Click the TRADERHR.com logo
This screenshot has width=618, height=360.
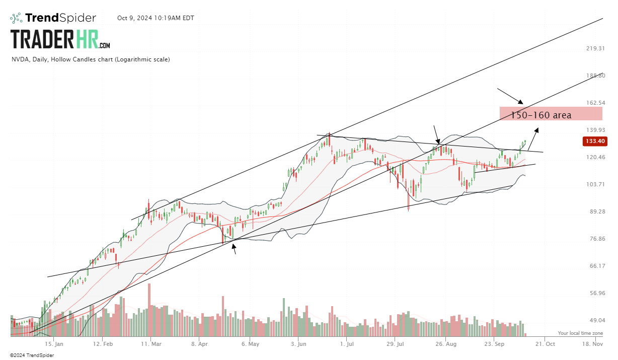coord(60,39)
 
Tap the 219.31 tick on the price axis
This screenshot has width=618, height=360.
coord(595,48)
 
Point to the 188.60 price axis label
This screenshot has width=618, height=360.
coord(595,76)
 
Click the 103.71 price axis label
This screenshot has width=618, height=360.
coord(595,184)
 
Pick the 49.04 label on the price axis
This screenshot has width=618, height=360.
coord(595,320)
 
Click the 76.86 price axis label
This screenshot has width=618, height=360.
coord(595,239)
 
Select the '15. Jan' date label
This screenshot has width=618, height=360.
coord(54,344)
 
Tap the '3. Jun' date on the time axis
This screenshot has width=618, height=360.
coord(298,344)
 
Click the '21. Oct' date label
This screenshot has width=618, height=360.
coord(545,344)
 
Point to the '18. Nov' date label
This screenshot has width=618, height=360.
coord(592,344)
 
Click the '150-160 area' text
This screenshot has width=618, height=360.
coord(541,115)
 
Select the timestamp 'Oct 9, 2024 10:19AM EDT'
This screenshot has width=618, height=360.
coord(156,18)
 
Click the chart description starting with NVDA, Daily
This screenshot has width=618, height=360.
coord(91,59)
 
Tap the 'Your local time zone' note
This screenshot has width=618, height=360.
coord(580,333)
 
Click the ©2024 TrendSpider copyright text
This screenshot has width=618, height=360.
coord(32,355)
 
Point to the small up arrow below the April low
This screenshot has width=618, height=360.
coord(234,248)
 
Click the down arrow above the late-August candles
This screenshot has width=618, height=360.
coord(437,134)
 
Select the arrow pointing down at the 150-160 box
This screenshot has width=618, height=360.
coord(510,96)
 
